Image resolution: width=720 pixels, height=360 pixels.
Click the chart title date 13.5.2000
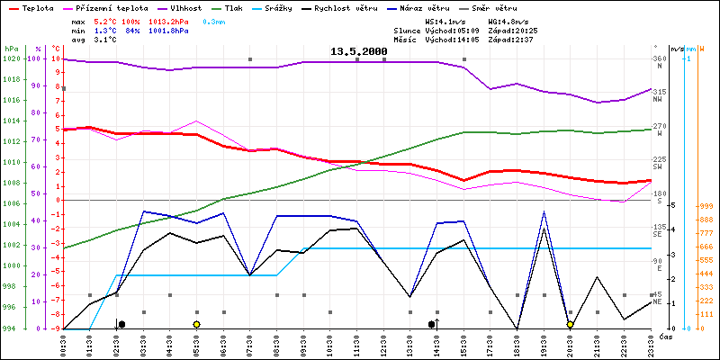coord(357,52)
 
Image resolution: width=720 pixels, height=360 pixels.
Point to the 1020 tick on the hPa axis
coord(11,59)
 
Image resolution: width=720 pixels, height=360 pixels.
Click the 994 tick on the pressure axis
coord(11,328)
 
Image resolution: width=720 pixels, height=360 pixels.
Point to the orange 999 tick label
coord(706,206)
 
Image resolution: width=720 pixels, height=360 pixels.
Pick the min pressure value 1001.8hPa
coord(169,30)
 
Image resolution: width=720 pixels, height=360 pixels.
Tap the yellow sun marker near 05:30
coord(196,324)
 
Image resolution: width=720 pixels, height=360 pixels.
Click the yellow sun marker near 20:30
coord(570,324)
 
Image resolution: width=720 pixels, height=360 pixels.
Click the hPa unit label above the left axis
coord(11,48)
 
